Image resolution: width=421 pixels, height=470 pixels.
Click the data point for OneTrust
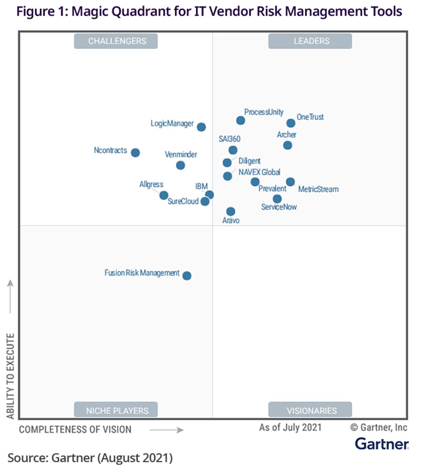click(x=291, y=123)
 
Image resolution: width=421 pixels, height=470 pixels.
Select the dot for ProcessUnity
click(x=241, y=121)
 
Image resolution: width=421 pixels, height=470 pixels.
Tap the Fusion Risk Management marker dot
click(x=187, y=276)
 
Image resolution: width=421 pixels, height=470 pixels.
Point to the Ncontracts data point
click(x=135, y=153)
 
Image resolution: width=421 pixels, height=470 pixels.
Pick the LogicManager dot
click(x=201, y=127)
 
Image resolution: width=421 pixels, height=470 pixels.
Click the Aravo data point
click(x=231, y=212)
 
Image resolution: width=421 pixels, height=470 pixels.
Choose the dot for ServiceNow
click(x=277, y=199)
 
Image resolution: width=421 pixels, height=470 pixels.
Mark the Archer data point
click(x=288, y=145)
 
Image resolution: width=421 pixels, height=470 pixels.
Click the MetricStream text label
click(x=318, y=189)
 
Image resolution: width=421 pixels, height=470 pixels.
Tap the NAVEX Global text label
click(x=259, y=172)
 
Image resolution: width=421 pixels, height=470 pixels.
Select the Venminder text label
click(x=181, y=154)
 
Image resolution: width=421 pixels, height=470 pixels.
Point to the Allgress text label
click(x=151, y=184)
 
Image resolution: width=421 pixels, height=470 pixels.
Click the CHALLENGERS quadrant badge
click(x=116, y=41)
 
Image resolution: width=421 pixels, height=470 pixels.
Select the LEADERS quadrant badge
click(x=310, y=41)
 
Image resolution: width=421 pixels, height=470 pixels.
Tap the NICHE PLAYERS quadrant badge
click(x=116, y=410)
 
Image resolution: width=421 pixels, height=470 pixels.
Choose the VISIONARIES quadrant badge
click(x=310, y=410)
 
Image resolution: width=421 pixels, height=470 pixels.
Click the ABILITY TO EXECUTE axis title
click(x=11, y=376)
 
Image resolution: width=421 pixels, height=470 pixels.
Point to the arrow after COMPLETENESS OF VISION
click(x=167, y=430)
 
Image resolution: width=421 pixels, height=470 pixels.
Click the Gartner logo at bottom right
click(x=382, y=444)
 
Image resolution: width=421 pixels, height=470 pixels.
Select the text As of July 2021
click(x=290, y=428)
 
